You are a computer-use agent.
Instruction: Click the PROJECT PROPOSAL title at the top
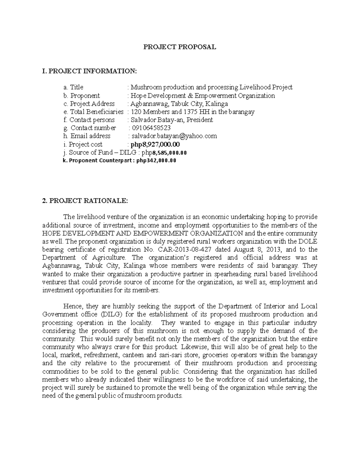(x=180, y=47)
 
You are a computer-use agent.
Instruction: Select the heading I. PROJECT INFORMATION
(x=89, y=71)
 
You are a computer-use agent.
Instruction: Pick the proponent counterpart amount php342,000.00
(x=156, y=160)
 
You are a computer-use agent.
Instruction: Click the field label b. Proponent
(x=82, y=95)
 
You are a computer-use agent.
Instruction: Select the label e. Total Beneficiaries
(x=93, y=112)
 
